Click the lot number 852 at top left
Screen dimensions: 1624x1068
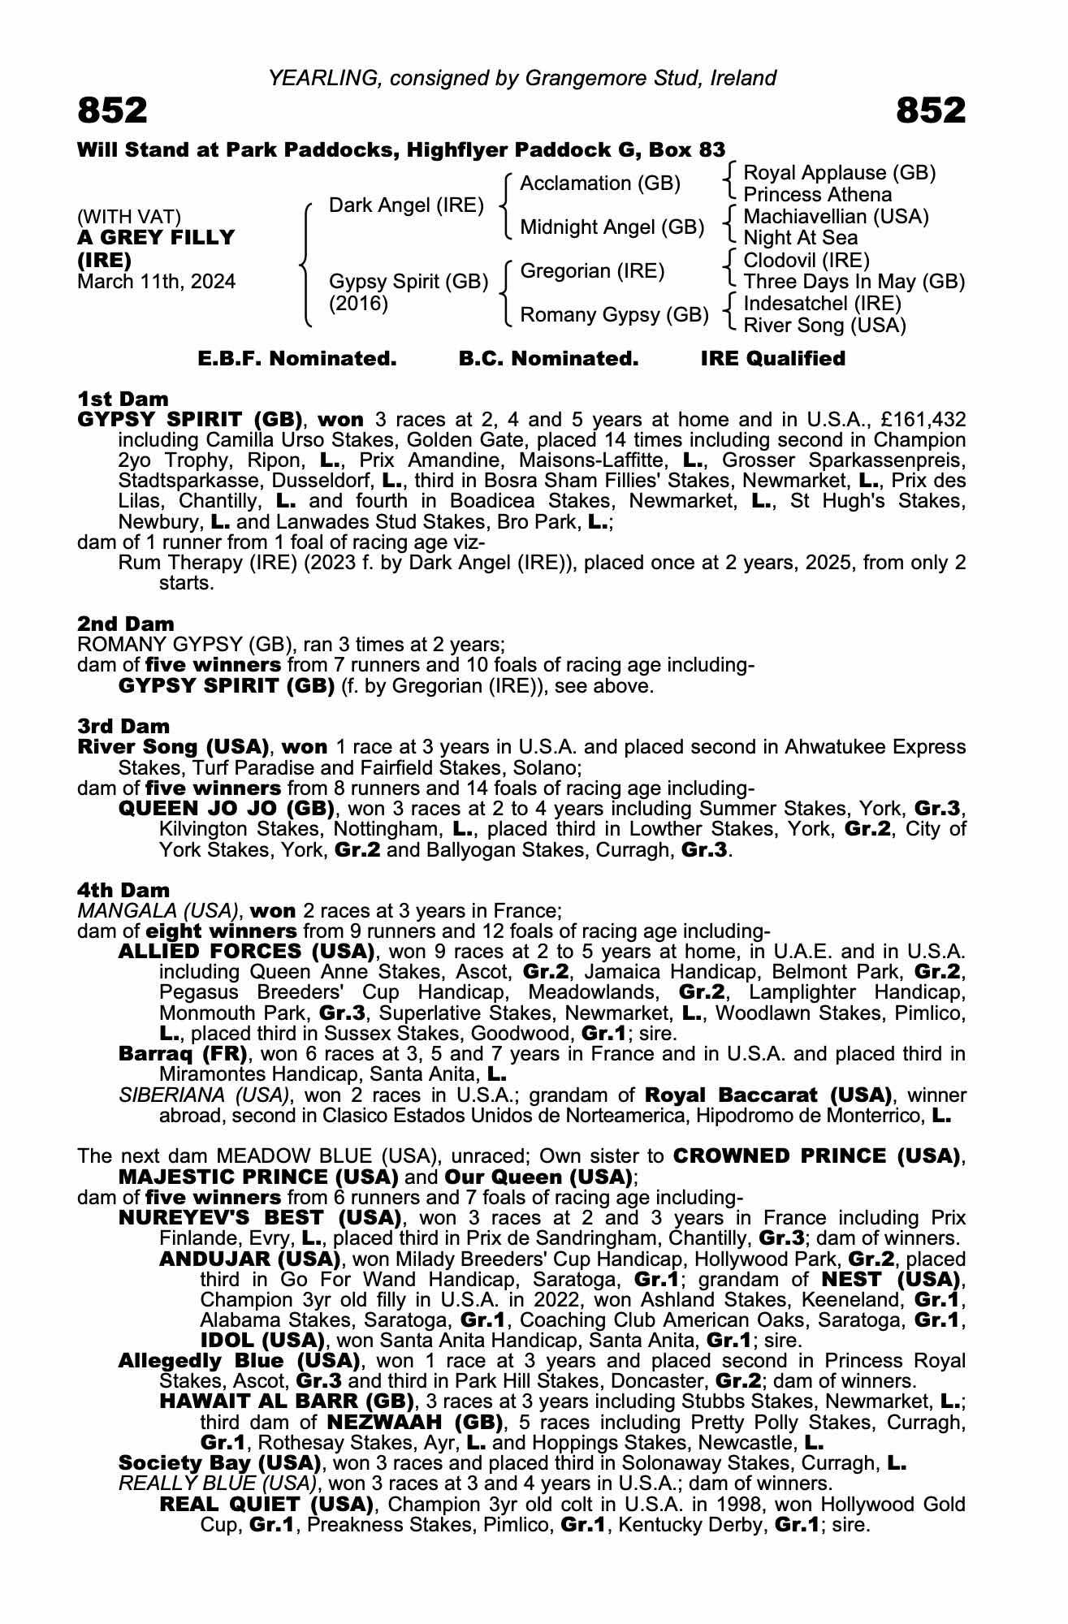pyautogui.click(x=113, y=110)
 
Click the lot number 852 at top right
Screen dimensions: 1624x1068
pyautogui.click(x=931, y=110)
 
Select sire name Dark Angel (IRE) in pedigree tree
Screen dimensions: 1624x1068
pyautogui.click(x=406, y=205)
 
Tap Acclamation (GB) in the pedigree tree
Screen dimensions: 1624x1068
pyautogui.click(x=599, y=184)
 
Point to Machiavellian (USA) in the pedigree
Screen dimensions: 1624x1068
pyautogui.click(x=836, y=217)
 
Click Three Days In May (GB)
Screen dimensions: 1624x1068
pyautogui.click(x=854, y=282)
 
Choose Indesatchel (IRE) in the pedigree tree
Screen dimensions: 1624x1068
pyautogui.click(x=822, y=304)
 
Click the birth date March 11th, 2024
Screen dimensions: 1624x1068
pyautogui.click(x=156, y=282)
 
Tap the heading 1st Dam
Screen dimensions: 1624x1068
pyautogui.click(x=123, y=399)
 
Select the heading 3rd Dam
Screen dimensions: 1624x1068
pyautogui.click(x=123, y=726)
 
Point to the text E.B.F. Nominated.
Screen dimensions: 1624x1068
pyautogui.click(x=297, y=359)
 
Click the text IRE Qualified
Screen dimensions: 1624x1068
pyautogui.click(x=772, y=359)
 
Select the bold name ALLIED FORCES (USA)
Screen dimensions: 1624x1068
pyautogui.click(x=246, y=951)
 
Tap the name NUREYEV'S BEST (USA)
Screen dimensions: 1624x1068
pyautogui.click(x=260, y=1218)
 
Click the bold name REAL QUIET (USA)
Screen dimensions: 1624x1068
pyautogui.click(x=266, y=1504)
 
